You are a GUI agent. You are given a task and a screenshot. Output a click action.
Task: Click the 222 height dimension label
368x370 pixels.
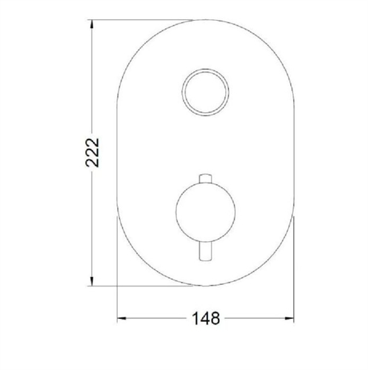click(x=91, y=154)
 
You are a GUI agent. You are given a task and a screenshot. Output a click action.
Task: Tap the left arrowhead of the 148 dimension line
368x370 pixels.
click(x=121, y=319)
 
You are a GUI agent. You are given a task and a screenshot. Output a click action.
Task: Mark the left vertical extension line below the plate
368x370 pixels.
click(x=117, y=296)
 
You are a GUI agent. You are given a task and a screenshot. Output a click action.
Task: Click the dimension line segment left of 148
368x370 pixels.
click(x=155, y=319)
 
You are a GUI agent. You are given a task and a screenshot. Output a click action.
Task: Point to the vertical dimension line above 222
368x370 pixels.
click(x=91, y=81)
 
